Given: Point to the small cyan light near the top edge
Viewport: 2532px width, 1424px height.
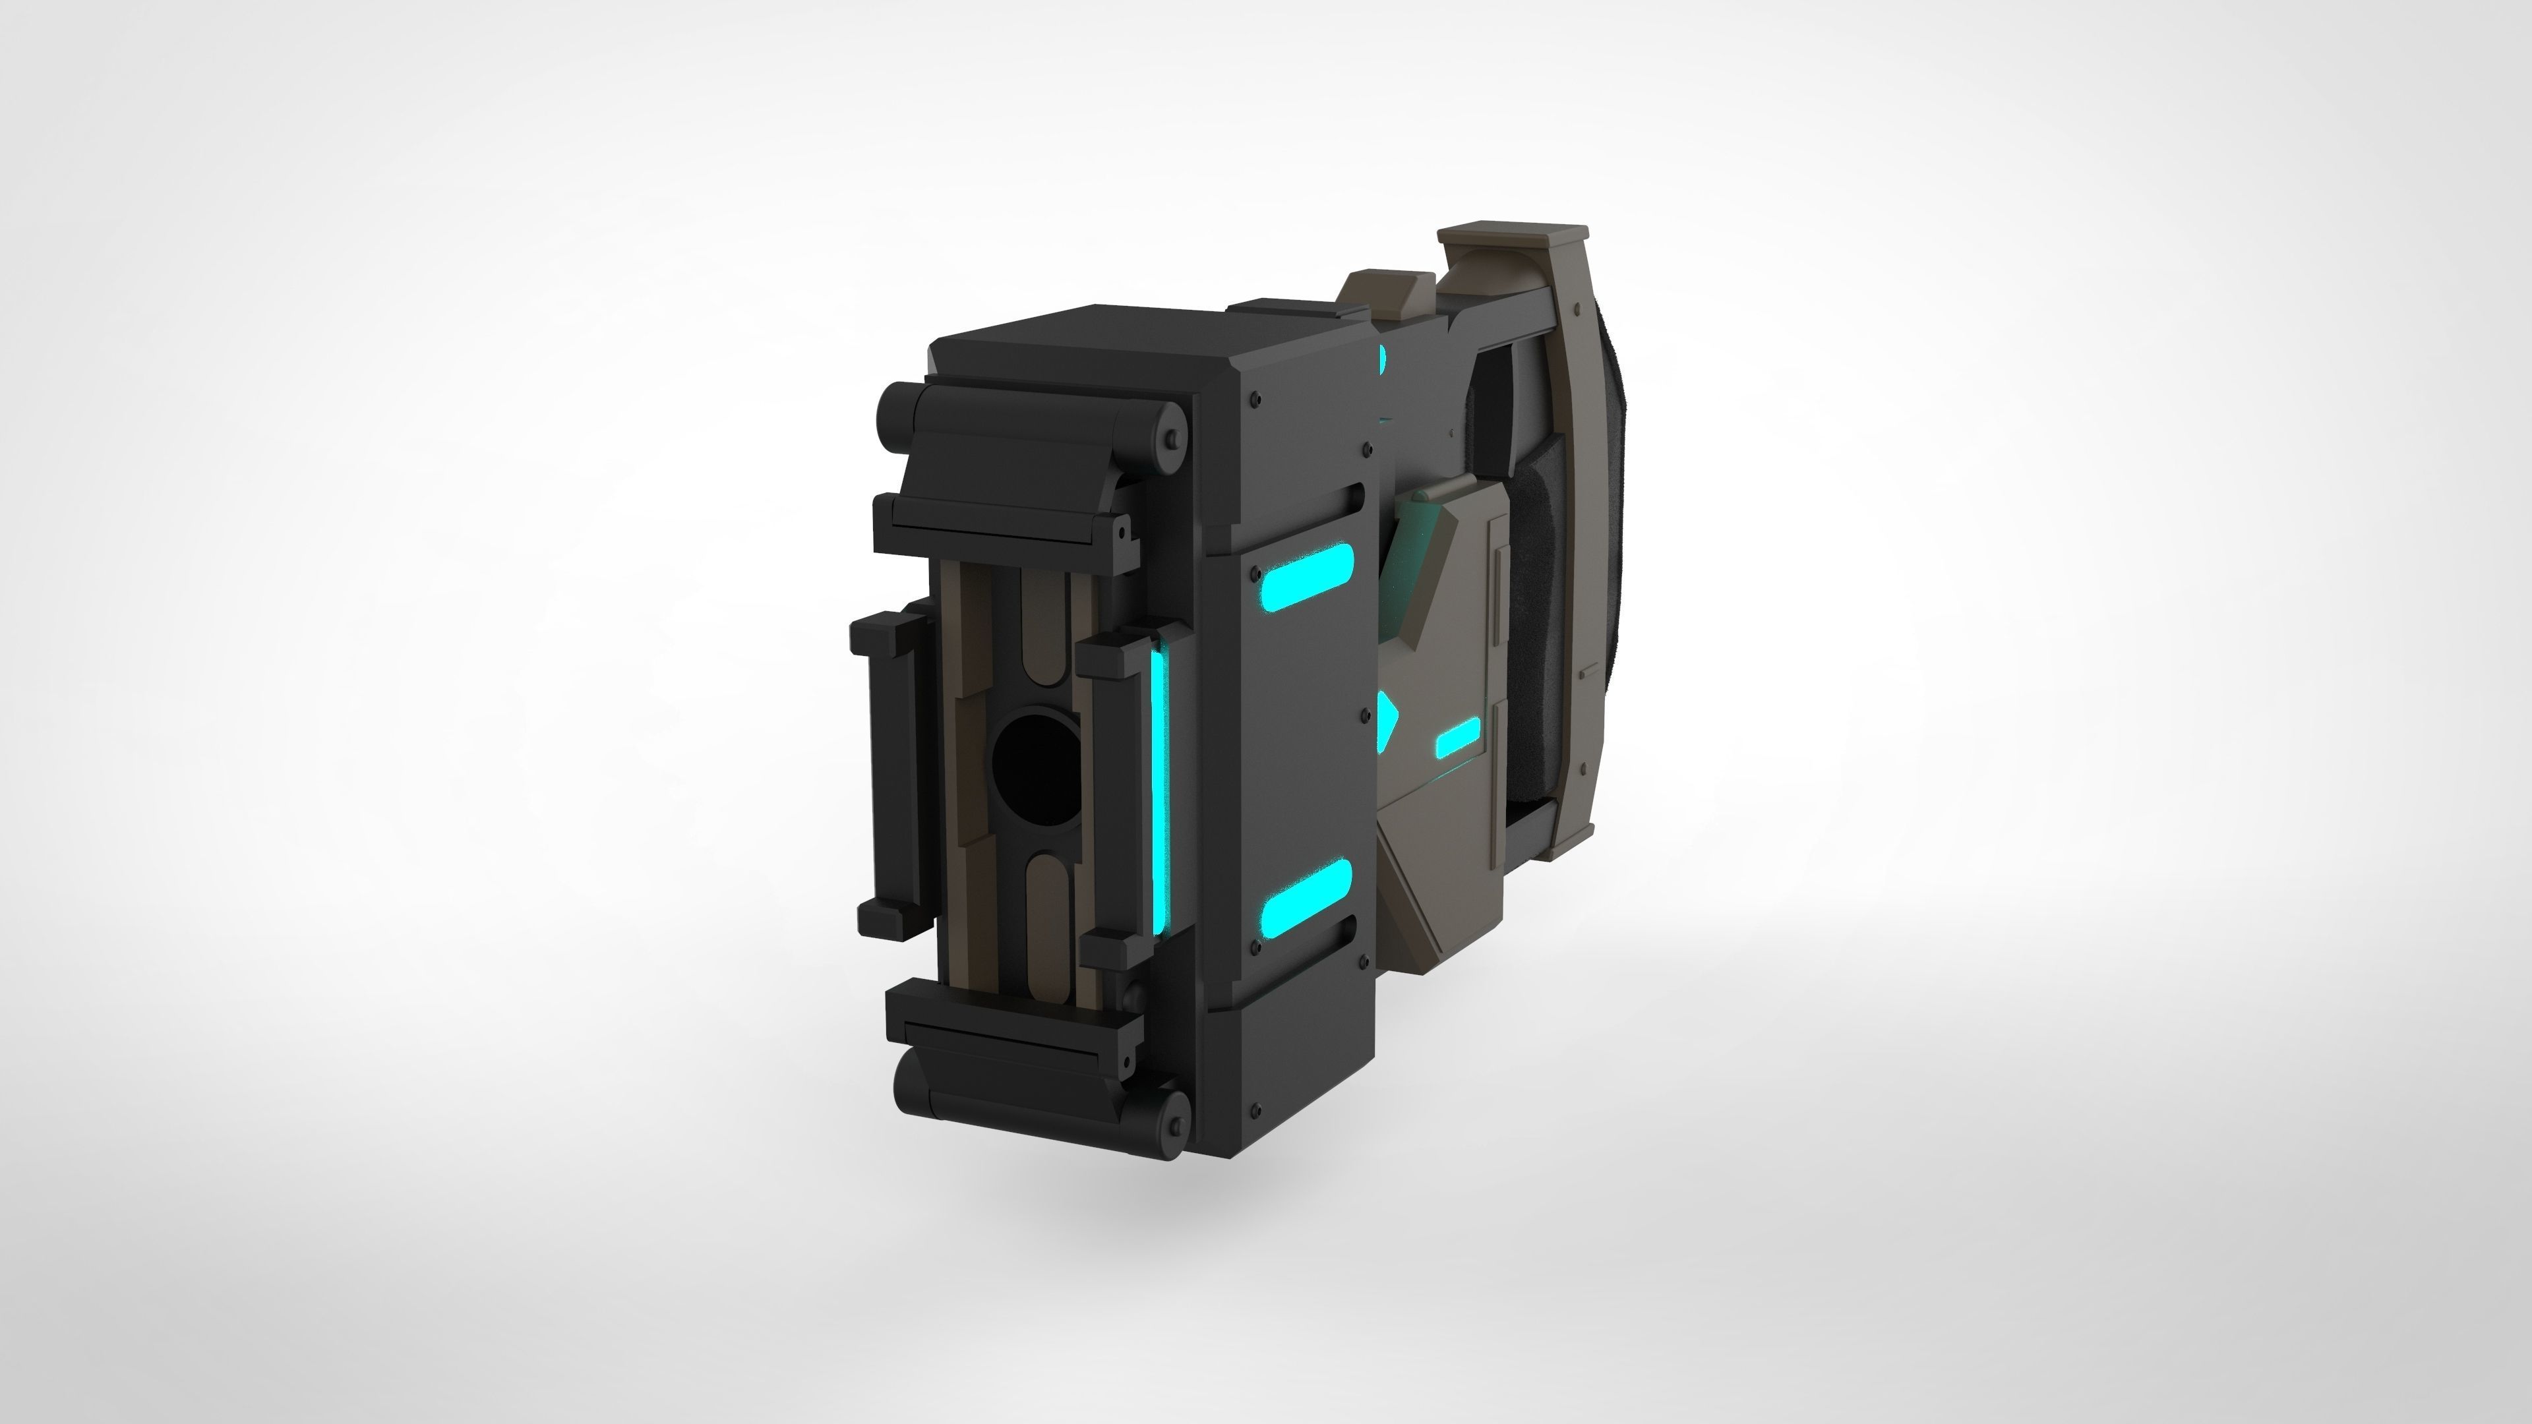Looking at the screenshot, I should click(x=1383, y=359).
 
